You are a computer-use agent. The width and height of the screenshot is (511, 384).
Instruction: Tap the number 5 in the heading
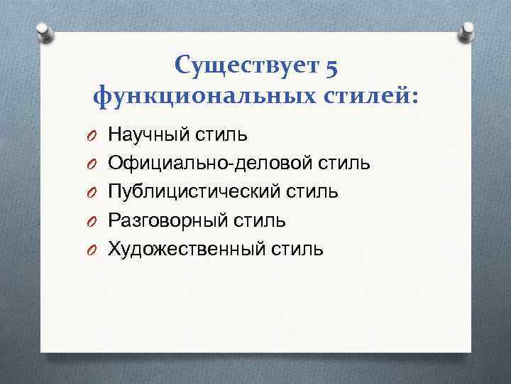(331, 68)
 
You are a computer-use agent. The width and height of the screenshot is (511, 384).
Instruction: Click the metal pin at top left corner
(43, 32)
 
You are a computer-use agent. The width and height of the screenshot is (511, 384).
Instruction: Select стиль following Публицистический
(319, 191)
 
